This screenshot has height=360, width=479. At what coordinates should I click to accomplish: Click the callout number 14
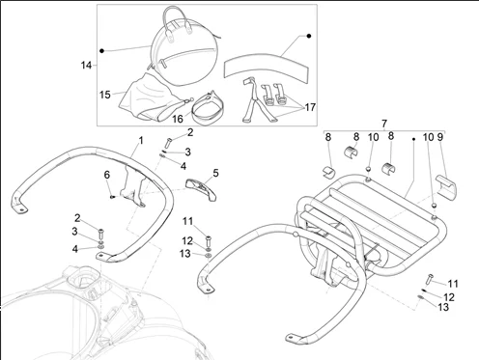pos(86,66)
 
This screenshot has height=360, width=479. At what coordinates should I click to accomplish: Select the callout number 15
pos(105,95)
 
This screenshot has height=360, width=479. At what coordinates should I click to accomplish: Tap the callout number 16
pos(178,119)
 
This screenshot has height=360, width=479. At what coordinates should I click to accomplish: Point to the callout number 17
pos(310,107)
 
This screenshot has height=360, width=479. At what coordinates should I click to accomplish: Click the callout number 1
pos(141,141)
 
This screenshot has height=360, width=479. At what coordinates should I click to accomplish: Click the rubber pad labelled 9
pos(446,185)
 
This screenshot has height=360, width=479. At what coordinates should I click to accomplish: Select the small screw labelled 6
pos(112,197)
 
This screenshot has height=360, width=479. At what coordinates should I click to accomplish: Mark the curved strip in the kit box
pos(266,67)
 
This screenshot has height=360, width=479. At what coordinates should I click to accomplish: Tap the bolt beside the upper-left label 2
pos(169,142)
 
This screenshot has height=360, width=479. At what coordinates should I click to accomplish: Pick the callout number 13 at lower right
pos(443,307)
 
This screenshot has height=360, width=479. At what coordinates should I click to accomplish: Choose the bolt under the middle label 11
pos(209,240)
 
